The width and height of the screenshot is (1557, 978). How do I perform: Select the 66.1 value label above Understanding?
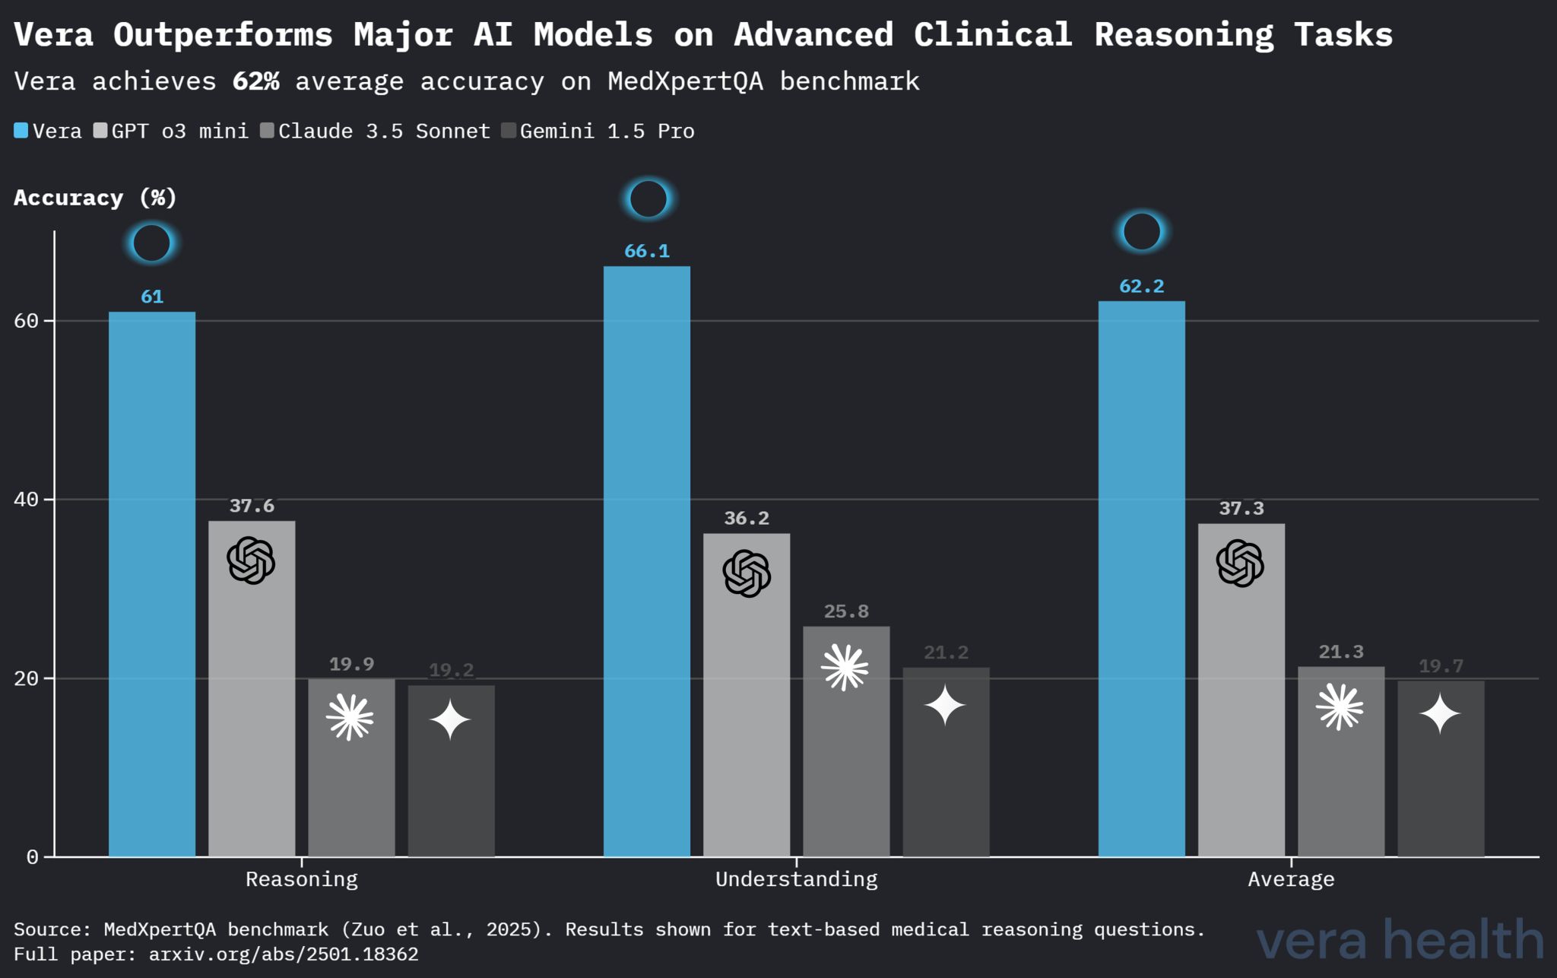point(647,251)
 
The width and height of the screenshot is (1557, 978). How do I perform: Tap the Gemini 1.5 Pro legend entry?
point(598,131)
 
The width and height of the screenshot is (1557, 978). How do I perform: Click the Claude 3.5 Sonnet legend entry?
point(376,131)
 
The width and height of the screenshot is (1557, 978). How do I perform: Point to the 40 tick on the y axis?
point(27,500)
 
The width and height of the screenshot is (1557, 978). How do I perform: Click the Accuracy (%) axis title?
point(95,198)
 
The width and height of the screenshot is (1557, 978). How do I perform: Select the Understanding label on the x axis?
point(796,879)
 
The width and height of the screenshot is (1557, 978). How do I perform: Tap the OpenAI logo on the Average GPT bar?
point(1240,564)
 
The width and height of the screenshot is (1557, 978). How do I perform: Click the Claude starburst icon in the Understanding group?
point(845,668)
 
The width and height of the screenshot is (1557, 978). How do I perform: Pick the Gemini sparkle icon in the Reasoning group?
point(450,719)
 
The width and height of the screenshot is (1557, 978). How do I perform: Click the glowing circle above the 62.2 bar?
point(1141,232)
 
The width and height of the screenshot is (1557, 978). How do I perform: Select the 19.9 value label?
point(351,664)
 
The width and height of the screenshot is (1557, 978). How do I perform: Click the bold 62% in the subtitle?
point(255,81)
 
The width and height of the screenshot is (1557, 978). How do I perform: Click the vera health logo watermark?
point(1399,940)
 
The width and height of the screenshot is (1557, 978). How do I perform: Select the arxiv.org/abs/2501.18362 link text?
point(284,954)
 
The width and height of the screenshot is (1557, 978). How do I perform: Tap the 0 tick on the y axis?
point(32,857)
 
